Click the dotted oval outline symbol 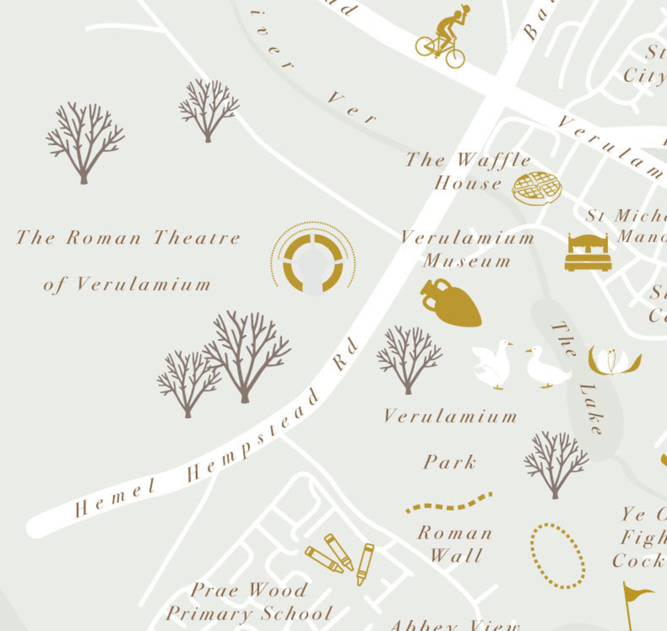(x=557, y=555)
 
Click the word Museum (x=467, y=262)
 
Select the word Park (x=449, y=462)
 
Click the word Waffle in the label (x=494, y=160)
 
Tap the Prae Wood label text (x=249, y=590)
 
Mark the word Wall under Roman (x=456, y=556)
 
